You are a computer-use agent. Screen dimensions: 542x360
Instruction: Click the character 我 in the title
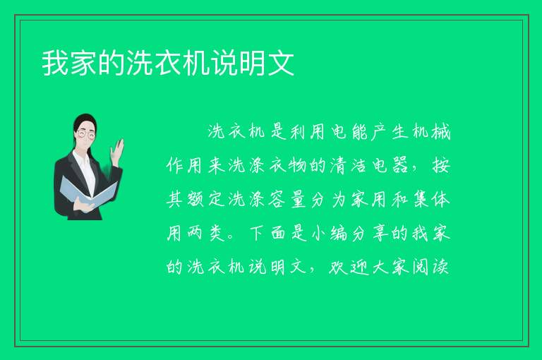tap(55, 63)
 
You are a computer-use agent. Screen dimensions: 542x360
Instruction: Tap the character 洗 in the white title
tap(139, 63)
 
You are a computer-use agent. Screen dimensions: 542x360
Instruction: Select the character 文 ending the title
tap(281, 63)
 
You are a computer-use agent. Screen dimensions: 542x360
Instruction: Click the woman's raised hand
tap(117, 150)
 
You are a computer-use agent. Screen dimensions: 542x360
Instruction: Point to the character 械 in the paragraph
tap(440, 132)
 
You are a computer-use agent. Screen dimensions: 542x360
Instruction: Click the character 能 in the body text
tap(359, 132)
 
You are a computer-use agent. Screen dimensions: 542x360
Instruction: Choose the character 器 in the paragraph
tap(400, 165)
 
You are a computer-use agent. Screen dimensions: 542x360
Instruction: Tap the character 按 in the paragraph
tap(440, 165)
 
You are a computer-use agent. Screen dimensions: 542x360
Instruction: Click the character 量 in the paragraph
tap(299, 200)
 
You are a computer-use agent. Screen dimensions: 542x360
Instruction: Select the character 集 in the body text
tap(421, 200)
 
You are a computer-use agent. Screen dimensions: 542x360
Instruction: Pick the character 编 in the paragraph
tap(339, 234)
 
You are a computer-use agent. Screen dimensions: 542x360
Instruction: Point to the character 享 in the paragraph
tap(380, 234)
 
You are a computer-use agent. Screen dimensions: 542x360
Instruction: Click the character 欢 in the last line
tap(339, 268)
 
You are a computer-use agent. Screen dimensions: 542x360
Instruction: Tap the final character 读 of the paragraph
tap(440, 268)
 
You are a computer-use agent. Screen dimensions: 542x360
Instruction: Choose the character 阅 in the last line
tap(421, 268)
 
